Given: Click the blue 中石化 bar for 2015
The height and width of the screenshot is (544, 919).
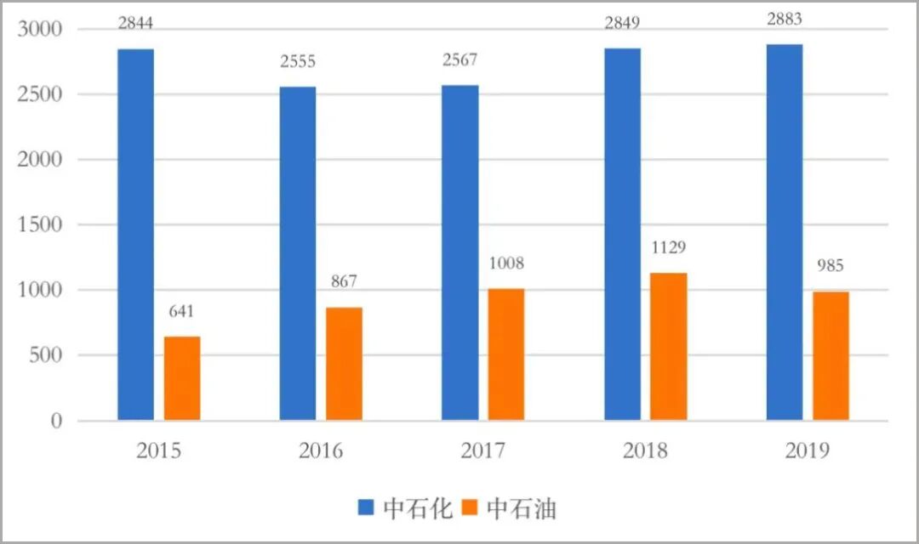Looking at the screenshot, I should [x=135, y=234].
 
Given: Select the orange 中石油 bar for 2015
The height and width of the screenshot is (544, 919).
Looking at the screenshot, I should [x=182, y=378].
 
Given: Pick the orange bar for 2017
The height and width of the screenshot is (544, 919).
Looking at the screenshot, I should [x=506, y=354].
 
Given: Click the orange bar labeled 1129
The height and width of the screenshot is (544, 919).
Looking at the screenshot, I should [x=669, y=347].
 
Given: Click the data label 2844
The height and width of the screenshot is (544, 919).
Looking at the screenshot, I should [x=135, y=23].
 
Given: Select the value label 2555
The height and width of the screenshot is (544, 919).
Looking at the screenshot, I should [x=298, y=62].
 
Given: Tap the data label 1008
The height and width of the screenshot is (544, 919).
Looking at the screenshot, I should [x=506, y=263].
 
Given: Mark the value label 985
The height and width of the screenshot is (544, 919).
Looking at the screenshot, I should [x=831, y=267].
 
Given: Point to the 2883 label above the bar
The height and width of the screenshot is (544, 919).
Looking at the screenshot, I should [x=785, y=20].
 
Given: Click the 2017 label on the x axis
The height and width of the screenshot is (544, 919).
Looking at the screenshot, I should [x=483, y=450].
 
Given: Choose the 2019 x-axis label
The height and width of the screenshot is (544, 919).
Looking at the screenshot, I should [x=808, y=450].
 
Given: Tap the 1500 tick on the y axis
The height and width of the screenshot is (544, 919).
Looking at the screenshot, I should [x=41, y=225].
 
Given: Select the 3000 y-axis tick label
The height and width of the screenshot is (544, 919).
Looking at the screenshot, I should [x=41, y=29].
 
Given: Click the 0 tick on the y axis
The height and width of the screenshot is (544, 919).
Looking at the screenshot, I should [x=56, y=422].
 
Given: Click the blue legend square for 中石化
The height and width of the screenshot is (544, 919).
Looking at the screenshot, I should [x=366, y=508].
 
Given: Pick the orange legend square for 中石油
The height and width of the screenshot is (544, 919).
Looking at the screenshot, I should [x=470, y=508].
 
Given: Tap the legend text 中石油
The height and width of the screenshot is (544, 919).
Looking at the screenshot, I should [x=522, y=508].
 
